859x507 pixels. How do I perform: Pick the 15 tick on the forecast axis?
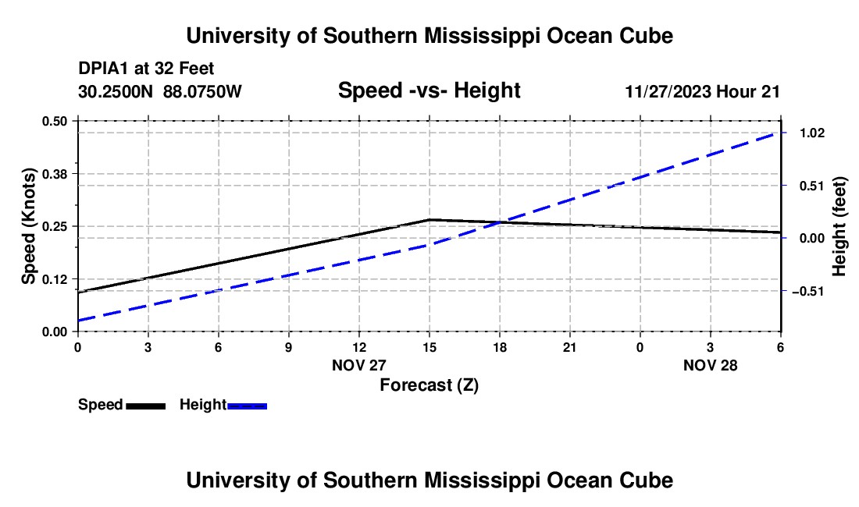429,346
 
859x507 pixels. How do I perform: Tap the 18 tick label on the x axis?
500,346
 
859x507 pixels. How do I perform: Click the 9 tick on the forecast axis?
288,346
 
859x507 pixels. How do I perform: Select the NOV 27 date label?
359,365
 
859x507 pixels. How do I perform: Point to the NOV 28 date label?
710,365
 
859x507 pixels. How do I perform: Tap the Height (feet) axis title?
839,226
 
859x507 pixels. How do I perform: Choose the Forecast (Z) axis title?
429,385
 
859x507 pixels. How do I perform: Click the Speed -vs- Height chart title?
429,91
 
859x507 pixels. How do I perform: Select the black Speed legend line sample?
145,406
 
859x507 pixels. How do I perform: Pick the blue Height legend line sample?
248,406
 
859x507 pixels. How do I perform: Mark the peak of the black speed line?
429,220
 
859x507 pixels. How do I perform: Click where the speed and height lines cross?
498,223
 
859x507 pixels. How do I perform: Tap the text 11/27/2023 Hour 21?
702,92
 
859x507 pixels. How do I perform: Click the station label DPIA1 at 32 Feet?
146,69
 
